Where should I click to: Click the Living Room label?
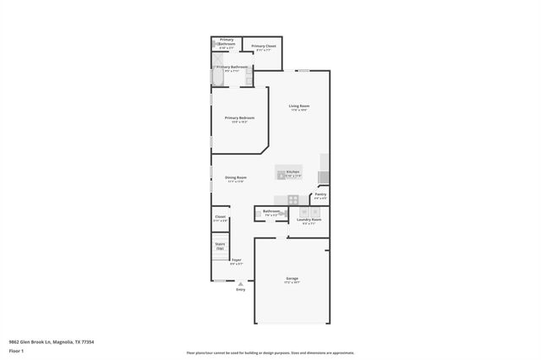(298, 106)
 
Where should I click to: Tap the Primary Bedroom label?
(239, 117)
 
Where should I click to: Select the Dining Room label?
(235, 177)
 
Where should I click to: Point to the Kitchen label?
(292, 172)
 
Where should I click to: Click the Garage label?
(292, 278)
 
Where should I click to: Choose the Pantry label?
(320, 194)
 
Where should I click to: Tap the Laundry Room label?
(309, 220)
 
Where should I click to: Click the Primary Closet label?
(264, 46)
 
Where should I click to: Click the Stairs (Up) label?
(220, 245)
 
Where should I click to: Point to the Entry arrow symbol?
(241, 284)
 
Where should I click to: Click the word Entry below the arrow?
(241, 290)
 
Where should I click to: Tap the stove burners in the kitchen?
(292, 199)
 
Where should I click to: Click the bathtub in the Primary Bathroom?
(217, 77)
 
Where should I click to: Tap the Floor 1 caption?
(16, 349)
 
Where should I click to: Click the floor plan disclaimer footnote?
(270, 353)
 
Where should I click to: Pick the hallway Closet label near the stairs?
(220, 217)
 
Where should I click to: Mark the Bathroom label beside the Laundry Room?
(271, 211)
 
